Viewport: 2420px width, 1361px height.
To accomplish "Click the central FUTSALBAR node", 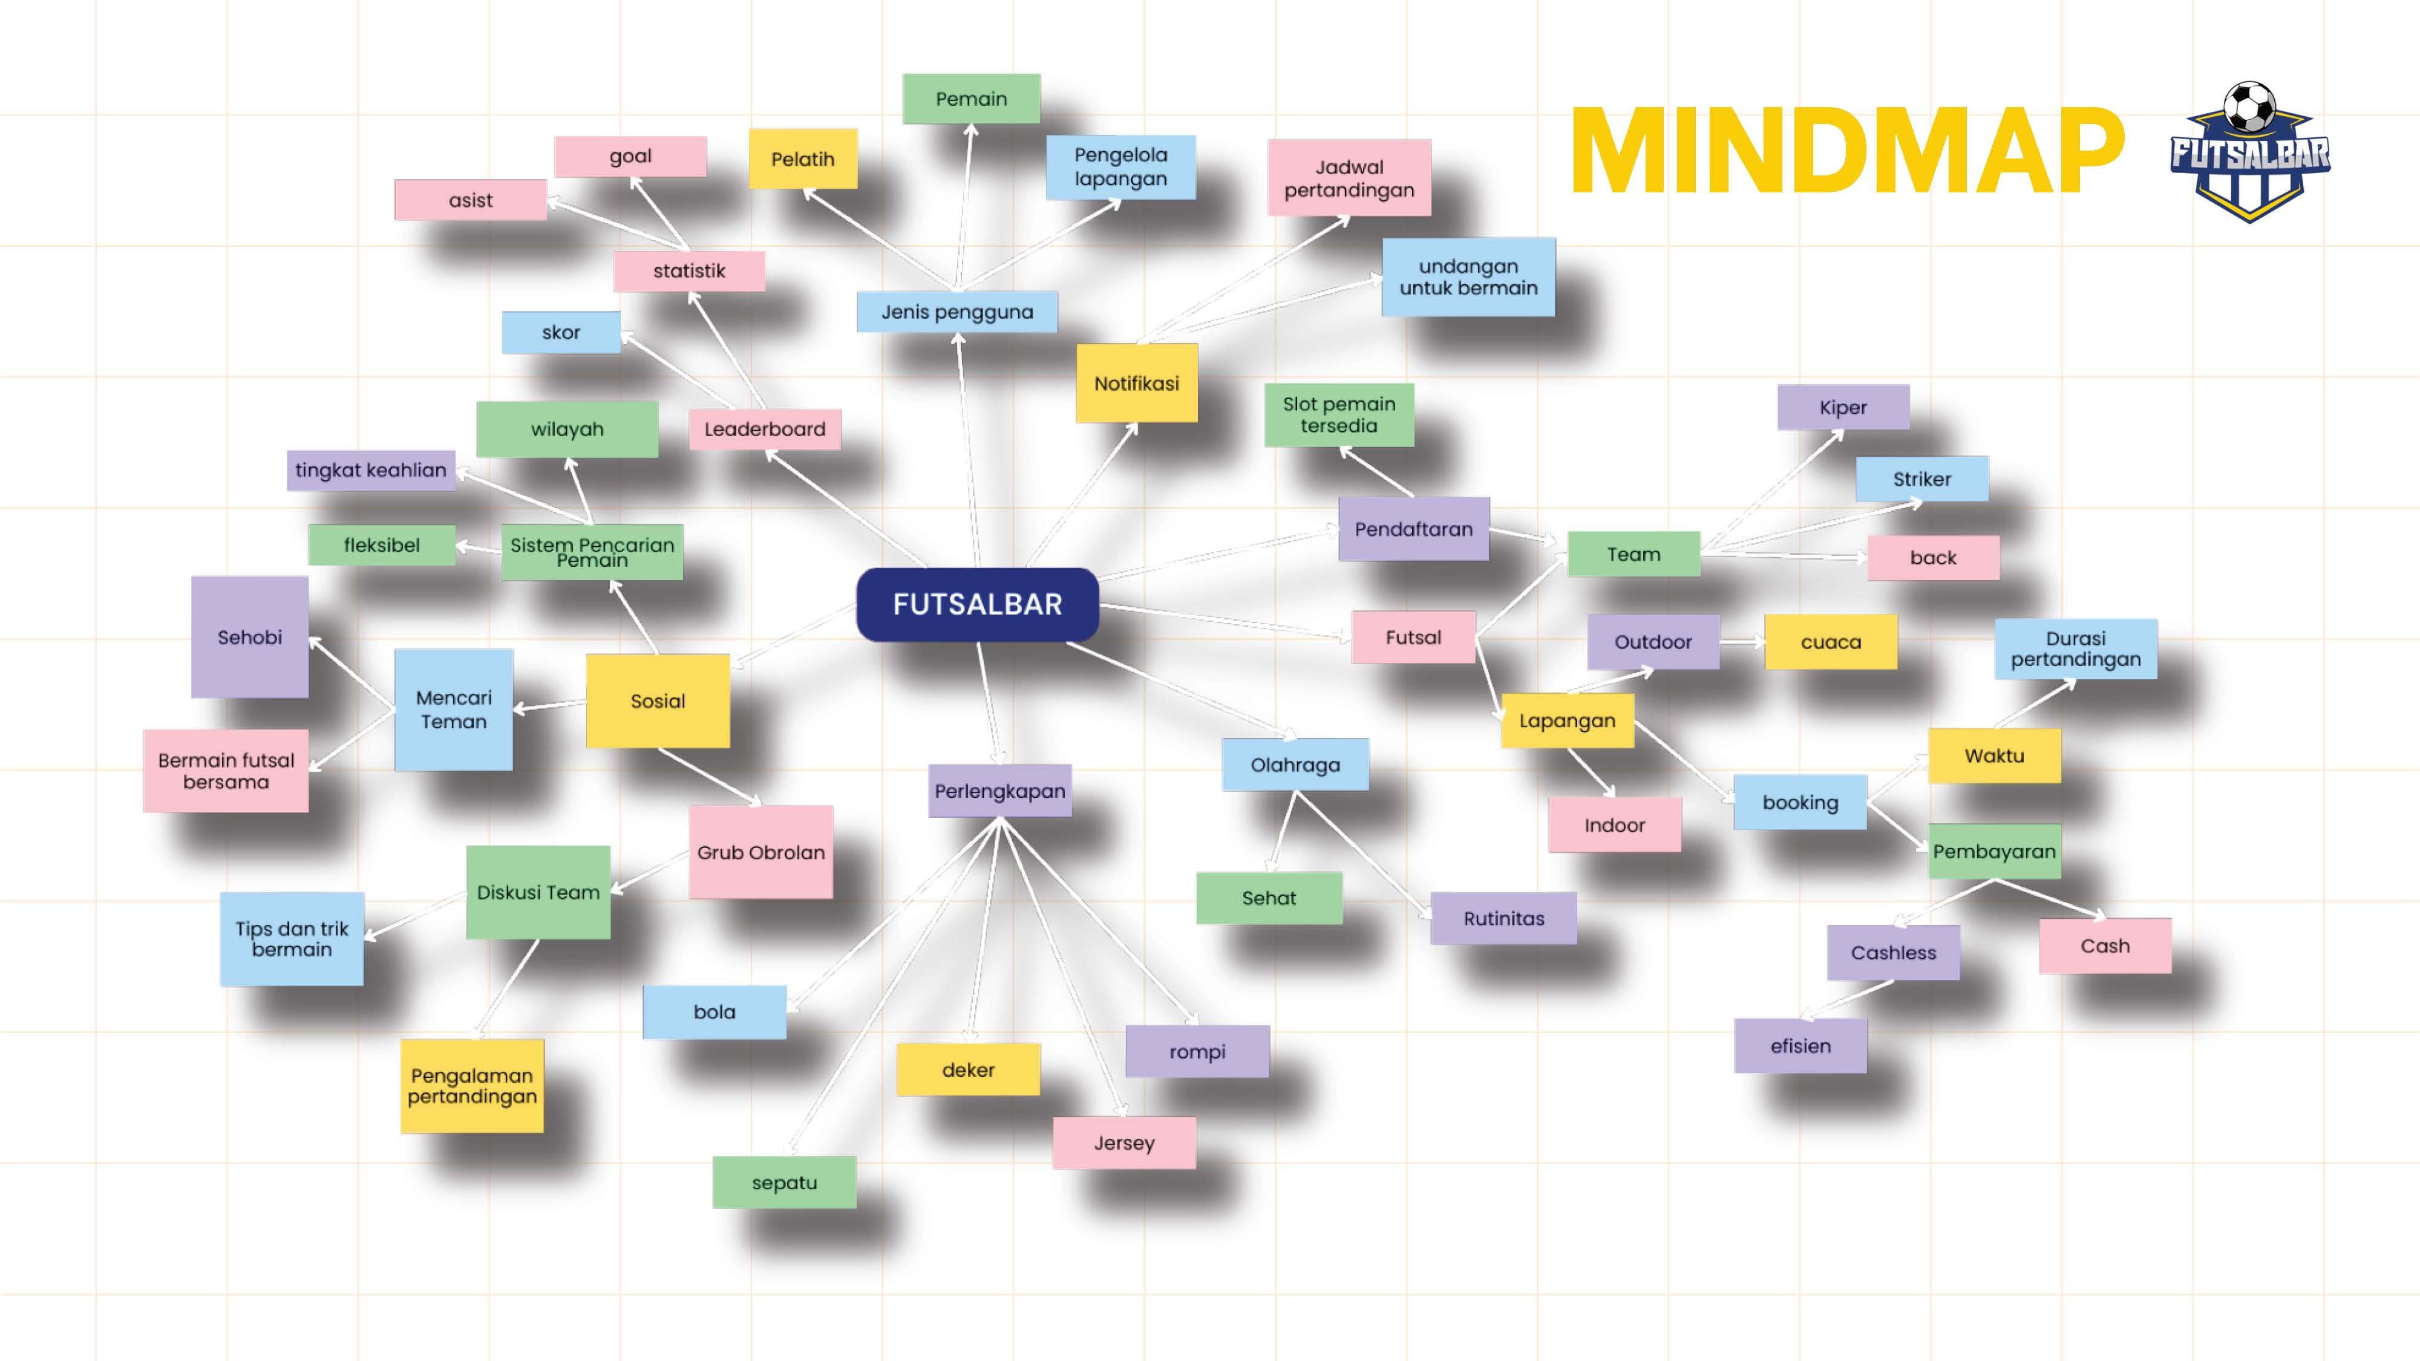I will (977, 604).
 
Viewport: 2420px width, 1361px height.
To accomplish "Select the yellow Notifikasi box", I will (1136, 383).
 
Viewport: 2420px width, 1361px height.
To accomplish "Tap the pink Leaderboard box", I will (765, 429).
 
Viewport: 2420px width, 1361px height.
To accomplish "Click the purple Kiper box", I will (1842, 408).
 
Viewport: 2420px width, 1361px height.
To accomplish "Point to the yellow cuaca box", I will (1830, 642).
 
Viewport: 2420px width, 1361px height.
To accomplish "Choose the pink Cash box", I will (2104, 946).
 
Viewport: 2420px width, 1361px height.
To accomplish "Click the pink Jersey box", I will (1123, 1143).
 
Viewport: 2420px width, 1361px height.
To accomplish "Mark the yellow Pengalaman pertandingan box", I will (472, 1086).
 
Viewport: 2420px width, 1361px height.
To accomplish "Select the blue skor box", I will (561, 333).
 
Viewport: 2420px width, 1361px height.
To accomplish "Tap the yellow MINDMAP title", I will (1846, 152).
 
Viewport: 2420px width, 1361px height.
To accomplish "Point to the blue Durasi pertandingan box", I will (2075, 649).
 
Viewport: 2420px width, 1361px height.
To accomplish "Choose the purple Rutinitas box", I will (1503, 919).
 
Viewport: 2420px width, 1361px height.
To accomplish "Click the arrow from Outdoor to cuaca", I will (1742, 642).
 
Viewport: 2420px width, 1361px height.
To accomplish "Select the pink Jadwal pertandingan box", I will (1349, 178).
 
